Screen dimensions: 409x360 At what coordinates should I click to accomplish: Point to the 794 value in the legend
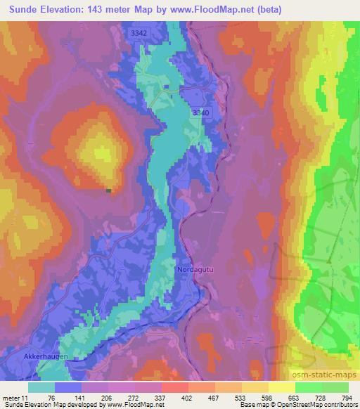pos(347,398)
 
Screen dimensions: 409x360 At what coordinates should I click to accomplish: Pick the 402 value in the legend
pos(187,398)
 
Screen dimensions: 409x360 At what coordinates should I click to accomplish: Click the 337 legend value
pos(160,398)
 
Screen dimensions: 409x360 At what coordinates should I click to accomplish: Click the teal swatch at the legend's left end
pos(41,387)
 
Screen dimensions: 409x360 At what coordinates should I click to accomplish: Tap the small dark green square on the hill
pos(108,190)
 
